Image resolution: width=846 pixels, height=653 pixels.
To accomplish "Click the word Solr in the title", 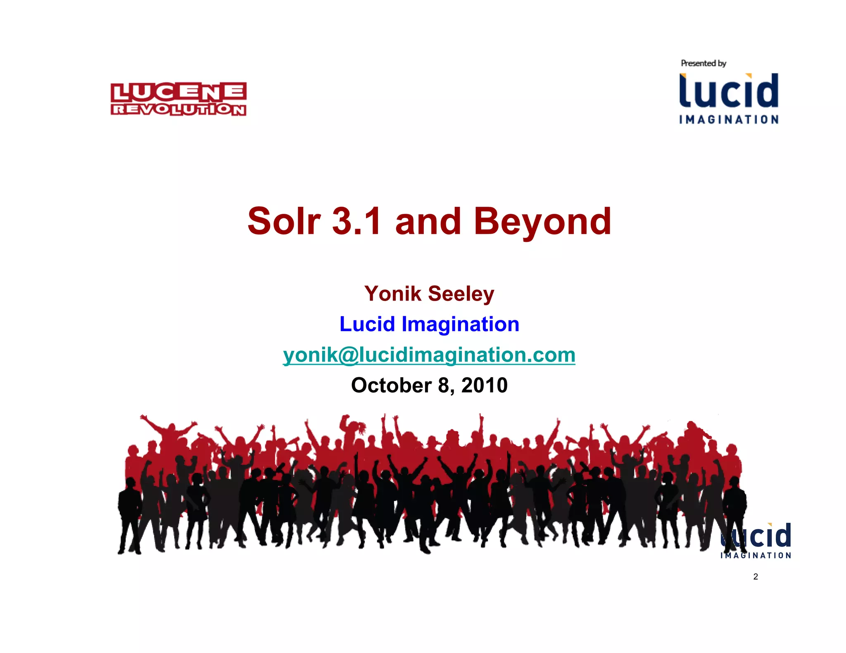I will click(x=284, y=222).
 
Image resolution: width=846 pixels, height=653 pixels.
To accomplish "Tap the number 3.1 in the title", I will click(x=356, y=222).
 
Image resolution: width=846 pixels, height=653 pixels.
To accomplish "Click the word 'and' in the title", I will click(x=428, y=222).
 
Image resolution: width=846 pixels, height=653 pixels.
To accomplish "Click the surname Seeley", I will click(x=461, y=294).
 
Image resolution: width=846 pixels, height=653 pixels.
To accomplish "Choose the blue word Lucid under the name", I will click(x=367, y=324).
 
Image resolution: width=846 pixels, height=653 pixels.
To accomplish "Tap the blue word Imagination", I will click(x=460, y=324).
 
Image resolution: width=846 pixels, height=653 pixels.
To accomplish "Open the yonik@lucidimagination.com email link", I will click(x=429, y=355).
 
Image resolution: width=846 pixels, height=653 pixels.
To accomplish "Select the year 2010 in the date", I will click(x=484, y=386).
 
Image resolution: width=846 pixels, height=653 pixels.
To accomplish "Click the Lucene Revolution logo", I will click(x=178, y=99).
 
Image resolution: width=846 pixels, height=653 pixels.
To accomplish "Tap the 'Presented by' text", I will click(x=703, y=63).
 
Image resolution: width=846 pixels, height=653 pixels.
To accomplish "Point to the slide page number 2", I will click(x=756, y=577).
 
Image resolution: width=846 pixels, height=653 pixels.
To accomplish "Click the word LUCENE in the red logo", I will click(x=178, y=92).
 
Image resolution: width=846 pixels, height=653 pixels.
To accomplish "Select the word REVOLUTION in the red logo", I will click(x=178, y=109).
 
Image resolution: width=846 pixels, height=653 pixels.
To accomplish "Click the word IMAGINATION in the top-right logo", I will click(x=729, y=120).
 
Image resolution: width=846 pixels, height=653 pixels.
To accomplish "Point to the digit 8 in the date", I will click(x=443, y=386).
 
